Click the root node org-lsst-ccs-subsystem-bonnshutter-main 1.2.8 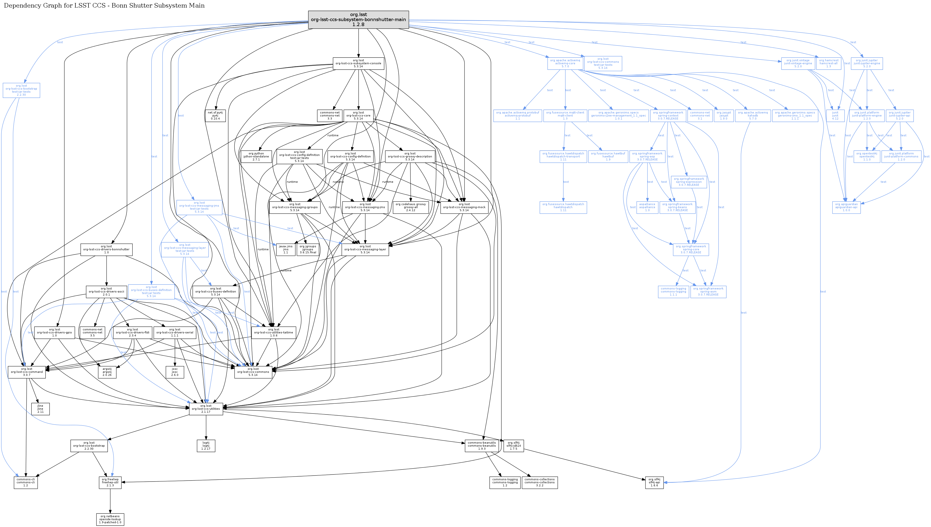[358, 20]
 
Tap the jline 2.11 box [40, 409]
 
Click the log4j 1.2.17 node [206, 446]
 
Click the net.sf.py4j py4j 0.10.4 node [215, 115]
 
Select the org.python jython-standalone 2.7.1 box [256, 156]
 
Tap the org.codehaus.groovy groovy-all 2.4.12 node [410, 207]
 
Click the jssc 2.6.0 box [175, 372]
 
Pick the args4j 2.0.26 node [107, 372]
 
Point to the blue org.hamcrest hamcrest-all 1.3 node [828, 63]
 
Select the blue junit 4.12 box [835, 115]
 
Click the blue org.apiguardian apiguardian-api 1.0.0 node [846, 207]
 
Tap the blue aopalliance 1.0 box [647, 207]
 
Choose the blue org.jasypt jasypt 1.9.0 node [723, 115]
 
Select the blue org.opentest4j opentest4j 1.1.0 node [866, 156]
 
